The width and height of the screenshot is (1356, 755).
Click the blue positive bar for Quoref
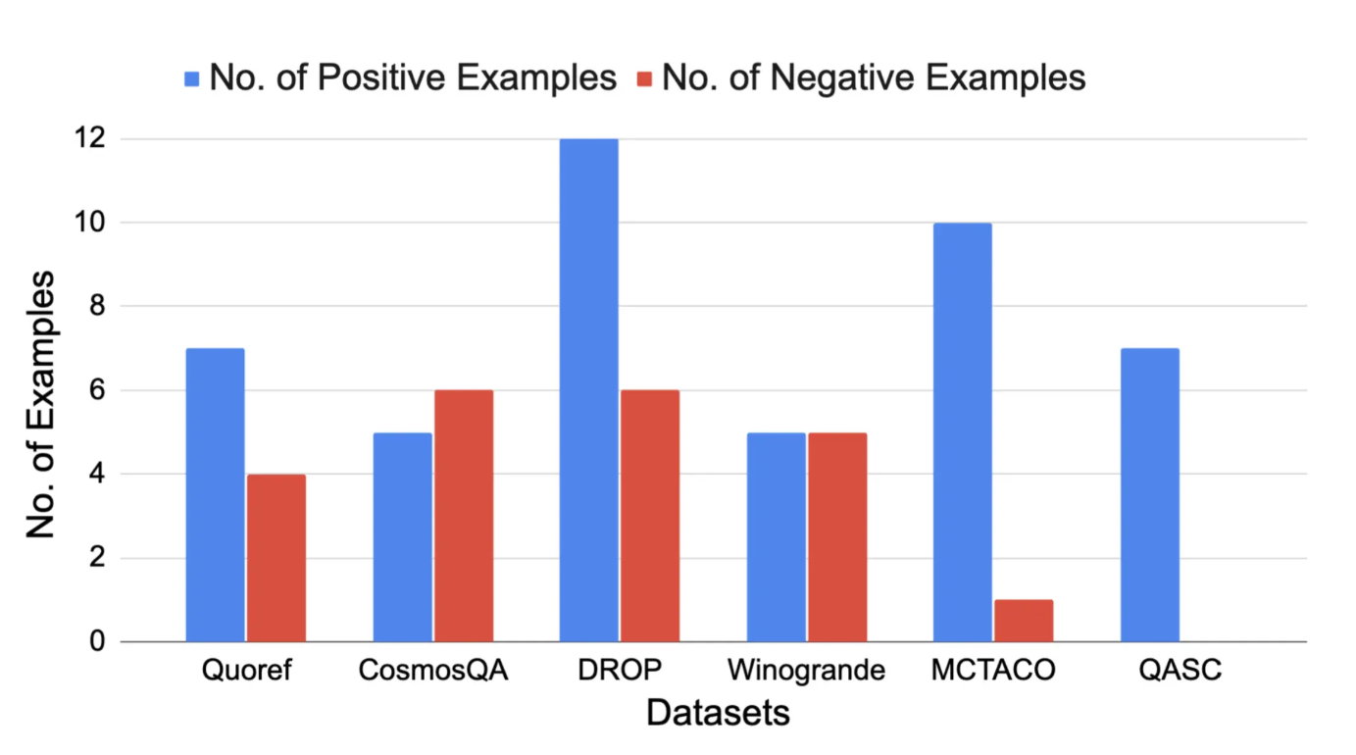215,494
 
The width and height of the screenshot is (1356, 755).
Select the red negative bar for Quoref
276,558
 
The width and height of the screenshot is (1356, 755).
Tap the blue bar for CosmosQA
403,537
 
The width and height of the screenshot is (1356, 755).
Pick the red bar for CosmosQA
464,516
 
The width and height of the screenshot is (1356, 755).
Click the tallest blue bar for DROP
589,390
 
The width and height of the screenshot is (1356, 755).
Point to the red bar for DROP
650,516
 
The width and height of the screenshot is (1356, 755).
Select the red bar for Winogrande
837,537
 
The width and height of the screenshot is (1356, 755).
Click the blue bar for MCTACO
963,432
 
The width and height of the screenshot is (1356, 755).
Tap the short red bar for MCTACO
1024,621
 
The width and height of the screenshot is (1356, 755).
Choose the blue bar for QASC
1150,494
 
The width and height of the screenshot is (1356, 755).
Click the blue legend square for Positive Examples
192,79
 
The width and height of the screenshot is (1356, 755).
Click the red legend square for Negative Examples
645,79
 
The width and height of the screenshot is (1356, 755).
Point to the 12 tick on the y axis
89,138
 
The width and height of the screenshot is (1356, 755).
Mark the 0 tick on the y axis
97,641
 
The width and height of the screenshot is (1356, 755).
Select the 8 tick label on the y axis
97,306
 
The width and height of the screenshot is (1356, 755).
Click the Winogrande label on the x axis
806,671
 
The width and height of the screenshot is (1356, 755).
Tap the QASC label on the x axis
1180,671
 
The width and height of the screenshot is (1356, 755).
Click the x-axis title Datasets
718,713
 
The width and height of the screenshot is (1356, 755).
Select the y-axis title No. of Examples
41,404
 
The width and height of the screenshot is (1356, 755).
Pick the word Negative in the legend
842,78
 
